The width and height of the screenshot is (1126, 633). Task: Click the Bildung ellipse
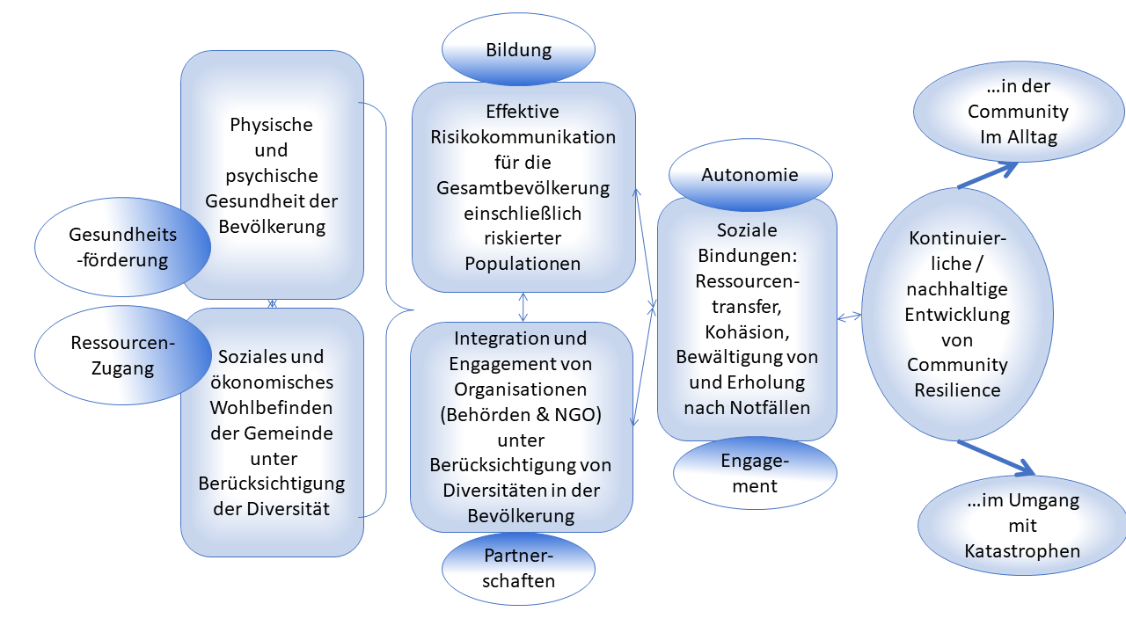[518, 50]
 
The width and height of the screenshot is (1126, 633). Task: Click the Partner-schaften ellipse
[518, 568]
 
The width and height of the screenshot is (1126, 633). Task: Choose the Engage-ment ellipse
[755, 473]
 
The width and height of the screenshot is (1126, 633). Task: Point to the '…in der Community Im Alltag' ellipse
[1018, 112]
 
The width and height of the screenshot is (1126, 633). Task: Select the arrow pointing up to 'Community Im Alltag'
[987, 175]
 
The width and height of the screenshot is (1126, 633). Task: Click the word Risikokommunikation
[523, 137]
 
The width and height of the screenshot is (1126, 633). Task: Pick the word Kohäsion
[747, 331]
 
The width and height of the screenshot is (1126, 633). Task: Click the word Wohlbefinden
[272, 408]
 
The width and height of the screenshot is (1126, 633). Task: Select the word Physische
[271, 124]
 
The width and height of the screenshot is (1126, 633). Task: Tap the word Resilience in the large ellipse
[957, 389]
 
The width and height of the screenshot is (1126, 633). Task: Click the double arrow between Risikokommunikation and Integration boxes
[523, 307]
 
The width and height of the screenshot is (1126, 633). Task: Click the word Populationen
[523, 264]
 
